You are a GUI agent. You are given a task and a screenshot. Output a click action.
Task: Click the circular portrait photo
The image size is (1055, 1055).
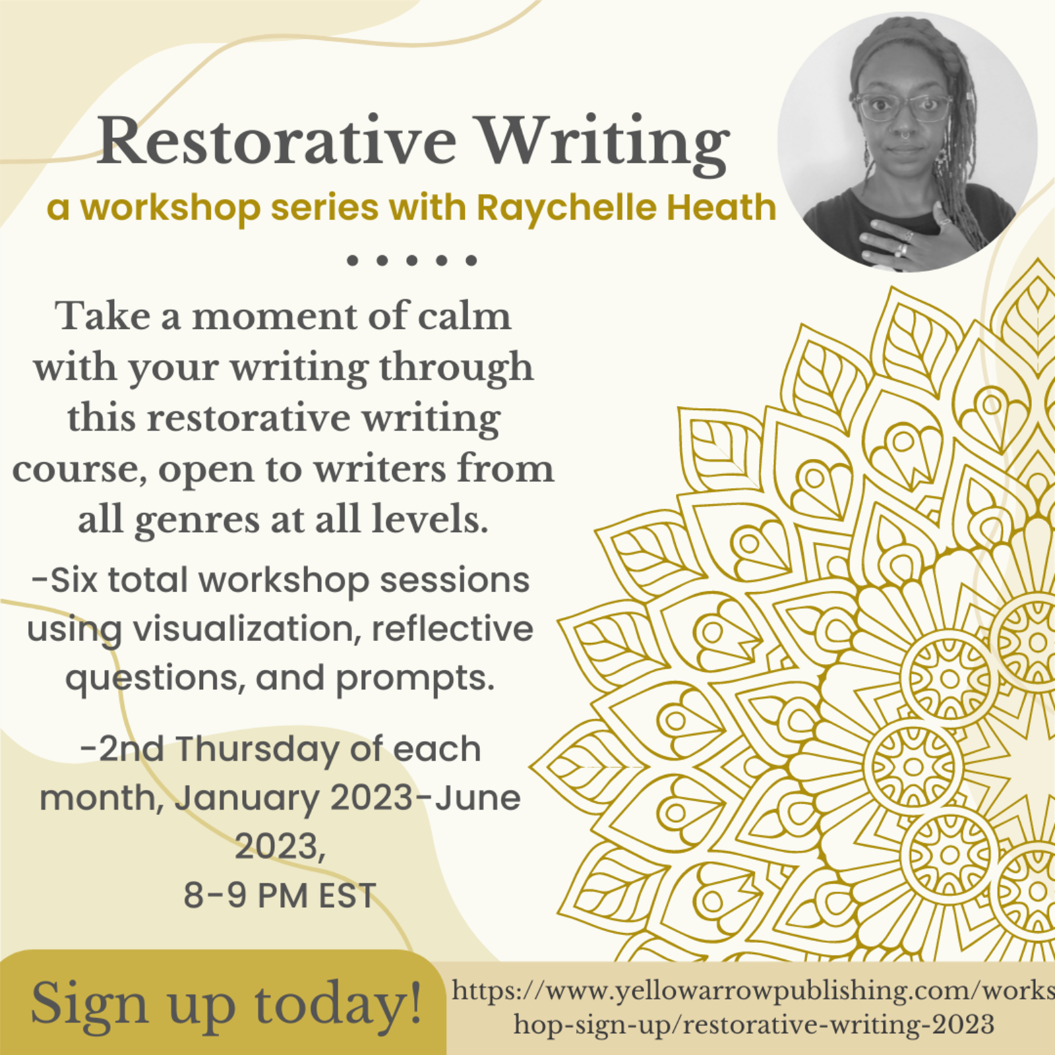click(907, 142)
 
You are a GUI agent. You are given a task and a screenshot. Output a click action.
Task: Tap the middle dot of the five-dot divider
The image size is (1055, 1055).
click(411, 260)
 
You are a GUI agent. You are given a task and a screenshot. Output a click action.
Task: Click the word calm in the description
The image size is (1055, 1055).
click(464, 316)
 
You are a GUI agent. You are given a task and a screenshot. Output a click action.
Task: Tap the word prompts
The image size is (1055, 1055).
click(415, 680)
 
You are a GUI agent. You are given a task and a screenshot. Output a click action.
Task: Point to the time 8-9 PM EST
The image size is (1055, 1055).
click(280, 895)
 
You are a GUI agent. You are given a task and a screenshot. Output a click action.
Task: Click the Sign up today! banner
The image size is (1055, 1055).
click(223, 1003)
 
